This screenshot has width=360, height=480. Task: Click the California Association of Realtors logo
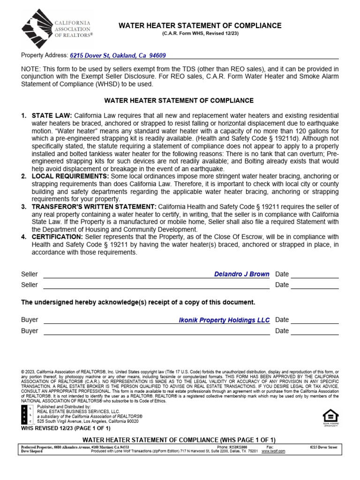[57, 29]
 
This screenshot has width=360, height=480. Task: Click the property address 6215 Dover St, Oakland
[118, 55]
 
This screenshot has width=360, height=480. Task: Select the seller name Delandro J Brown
[241, 274]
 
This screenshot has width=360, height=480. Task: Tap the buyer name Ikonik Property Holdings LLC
[224, 320]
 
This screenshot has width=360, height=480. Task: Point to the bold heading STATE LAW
[52, 115]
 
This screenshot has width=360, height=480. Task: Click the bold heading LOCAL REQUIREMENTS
[70, 176]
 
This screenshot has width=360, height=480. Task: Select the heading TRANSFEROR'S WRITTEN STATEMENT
[94, 207]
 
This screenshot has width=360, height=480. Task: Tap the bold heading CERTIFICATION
[57, 237]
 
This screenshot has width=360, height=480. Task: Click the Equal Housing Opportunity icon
[330, 417]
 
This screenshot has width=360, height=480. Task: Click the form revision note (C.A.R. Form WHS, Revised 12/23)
[199, 34]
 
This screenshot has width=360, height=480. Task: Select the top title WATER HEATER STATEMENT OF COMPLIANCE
[199, 26]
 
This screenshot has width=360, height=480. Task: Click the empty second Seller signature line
[156, 285]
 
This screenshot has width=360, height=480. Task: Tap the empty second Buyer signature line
[156, 331]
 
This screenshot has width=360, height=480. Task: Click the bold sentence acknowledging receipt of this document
[138, 302]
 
